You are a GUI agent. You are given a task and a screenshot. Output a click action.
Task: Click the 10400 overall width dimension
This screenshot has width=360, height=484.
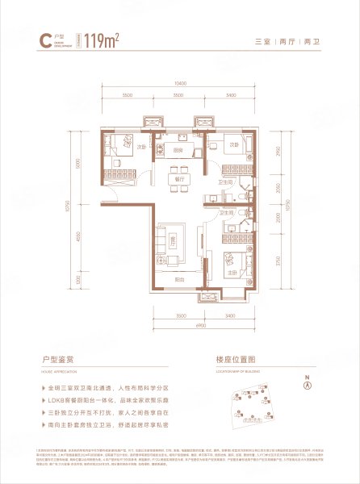[x=178, y=83]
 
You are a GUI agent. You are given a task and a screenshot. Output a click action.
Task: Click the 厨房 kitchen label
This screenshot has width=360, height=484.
[x=180, y=148]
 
